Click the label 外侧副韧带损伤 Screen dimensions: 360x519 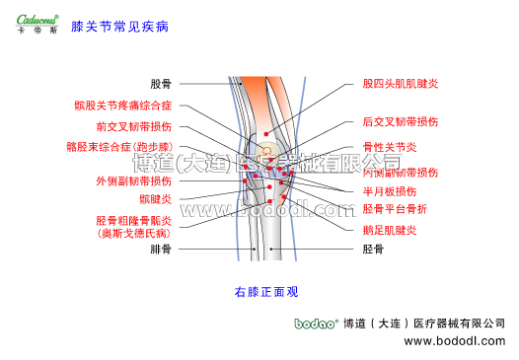click(133, 180)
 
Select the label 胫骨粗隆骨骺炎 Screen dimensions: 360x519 click(133, 221)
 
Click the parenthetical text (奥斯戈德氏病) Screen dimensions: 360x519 click(133, 235)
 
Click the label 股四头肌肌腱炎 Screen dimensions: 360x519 click(401, 85)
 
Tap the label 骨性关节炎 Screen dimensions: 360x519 click(390, 147)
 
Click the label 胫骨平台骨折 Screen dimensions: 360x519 click(395, 209)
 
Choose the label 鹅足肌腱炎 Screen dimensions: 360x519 click(390, 231)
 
